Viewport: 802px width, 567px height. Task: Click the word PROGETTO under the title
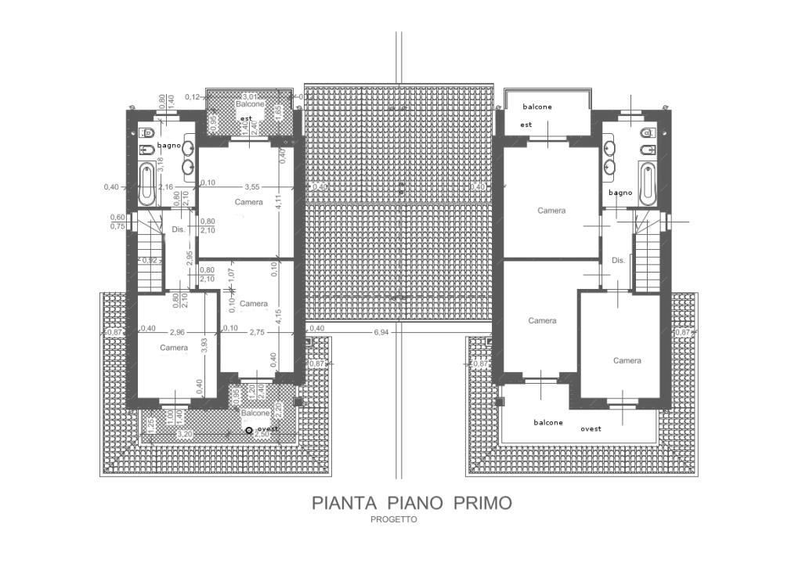(x=395, y=519)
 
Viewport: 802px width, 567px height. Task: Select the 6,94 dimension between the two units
(x=381, y=333)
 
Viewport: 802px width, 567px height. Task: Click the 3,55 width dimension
(x=251, y=187)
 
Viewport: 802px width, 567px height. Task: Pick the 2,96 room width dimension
(x=177, y=332)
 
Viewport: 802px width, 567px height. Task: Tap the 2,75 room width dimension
(x=256, y=332)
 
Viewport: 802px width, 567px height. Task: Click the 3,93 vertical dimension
(x=204, y=343)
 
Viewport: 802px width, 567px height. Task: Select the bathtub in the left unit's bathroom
(x=146, y=184)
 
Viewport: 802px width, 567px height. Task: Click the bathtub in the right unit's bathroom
(x=646, y=183)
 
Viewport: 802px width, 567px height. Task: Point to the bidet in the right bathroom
(x=645, y=149)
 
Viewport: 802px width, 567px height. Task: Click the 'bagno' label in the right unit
(x=620, y=193)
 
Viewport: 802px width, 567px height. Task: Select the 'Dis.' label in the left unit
(x=178, y=229)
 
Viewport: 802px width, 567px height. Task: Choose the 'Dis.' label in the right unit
(x=618, y=260)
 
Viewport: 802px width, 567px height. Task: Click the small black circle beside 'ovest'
(x=249, y=430)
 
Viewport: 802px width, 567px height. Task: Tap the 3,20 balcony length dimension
(x=185, y=433)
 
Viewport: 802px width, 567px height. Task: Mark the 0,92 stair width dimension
(x=152, y=260)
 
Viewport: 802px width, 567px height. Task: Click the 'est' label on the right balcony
(x=526, y=125)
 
